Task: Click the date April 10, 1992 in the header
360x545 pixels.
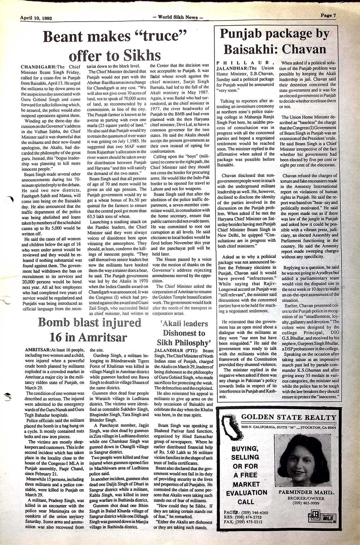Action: coord(36,17)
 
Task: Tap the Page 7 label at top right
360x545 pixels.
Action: coord(328,15)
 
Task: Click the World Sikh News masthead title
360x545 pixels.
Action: coord(178,17)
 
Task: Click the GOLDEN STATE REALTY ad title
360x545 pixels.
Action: coord(288,417)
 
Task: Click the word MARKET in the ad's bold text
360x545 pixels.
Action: coord(246,484)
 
